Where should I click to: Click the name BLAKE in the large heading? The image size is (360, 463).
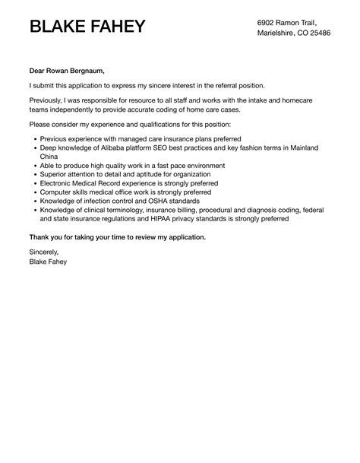tap(62, 27)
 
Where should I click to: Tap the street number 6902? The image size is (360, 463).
tap(269, 21)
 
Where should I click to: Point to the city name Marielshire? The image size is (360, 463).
tap(280, 34)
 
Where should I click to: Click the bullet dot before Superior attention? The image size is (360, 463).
tap(35, 174)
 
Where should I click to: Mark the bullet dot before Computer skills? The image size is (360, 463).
tap(35, 192)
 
